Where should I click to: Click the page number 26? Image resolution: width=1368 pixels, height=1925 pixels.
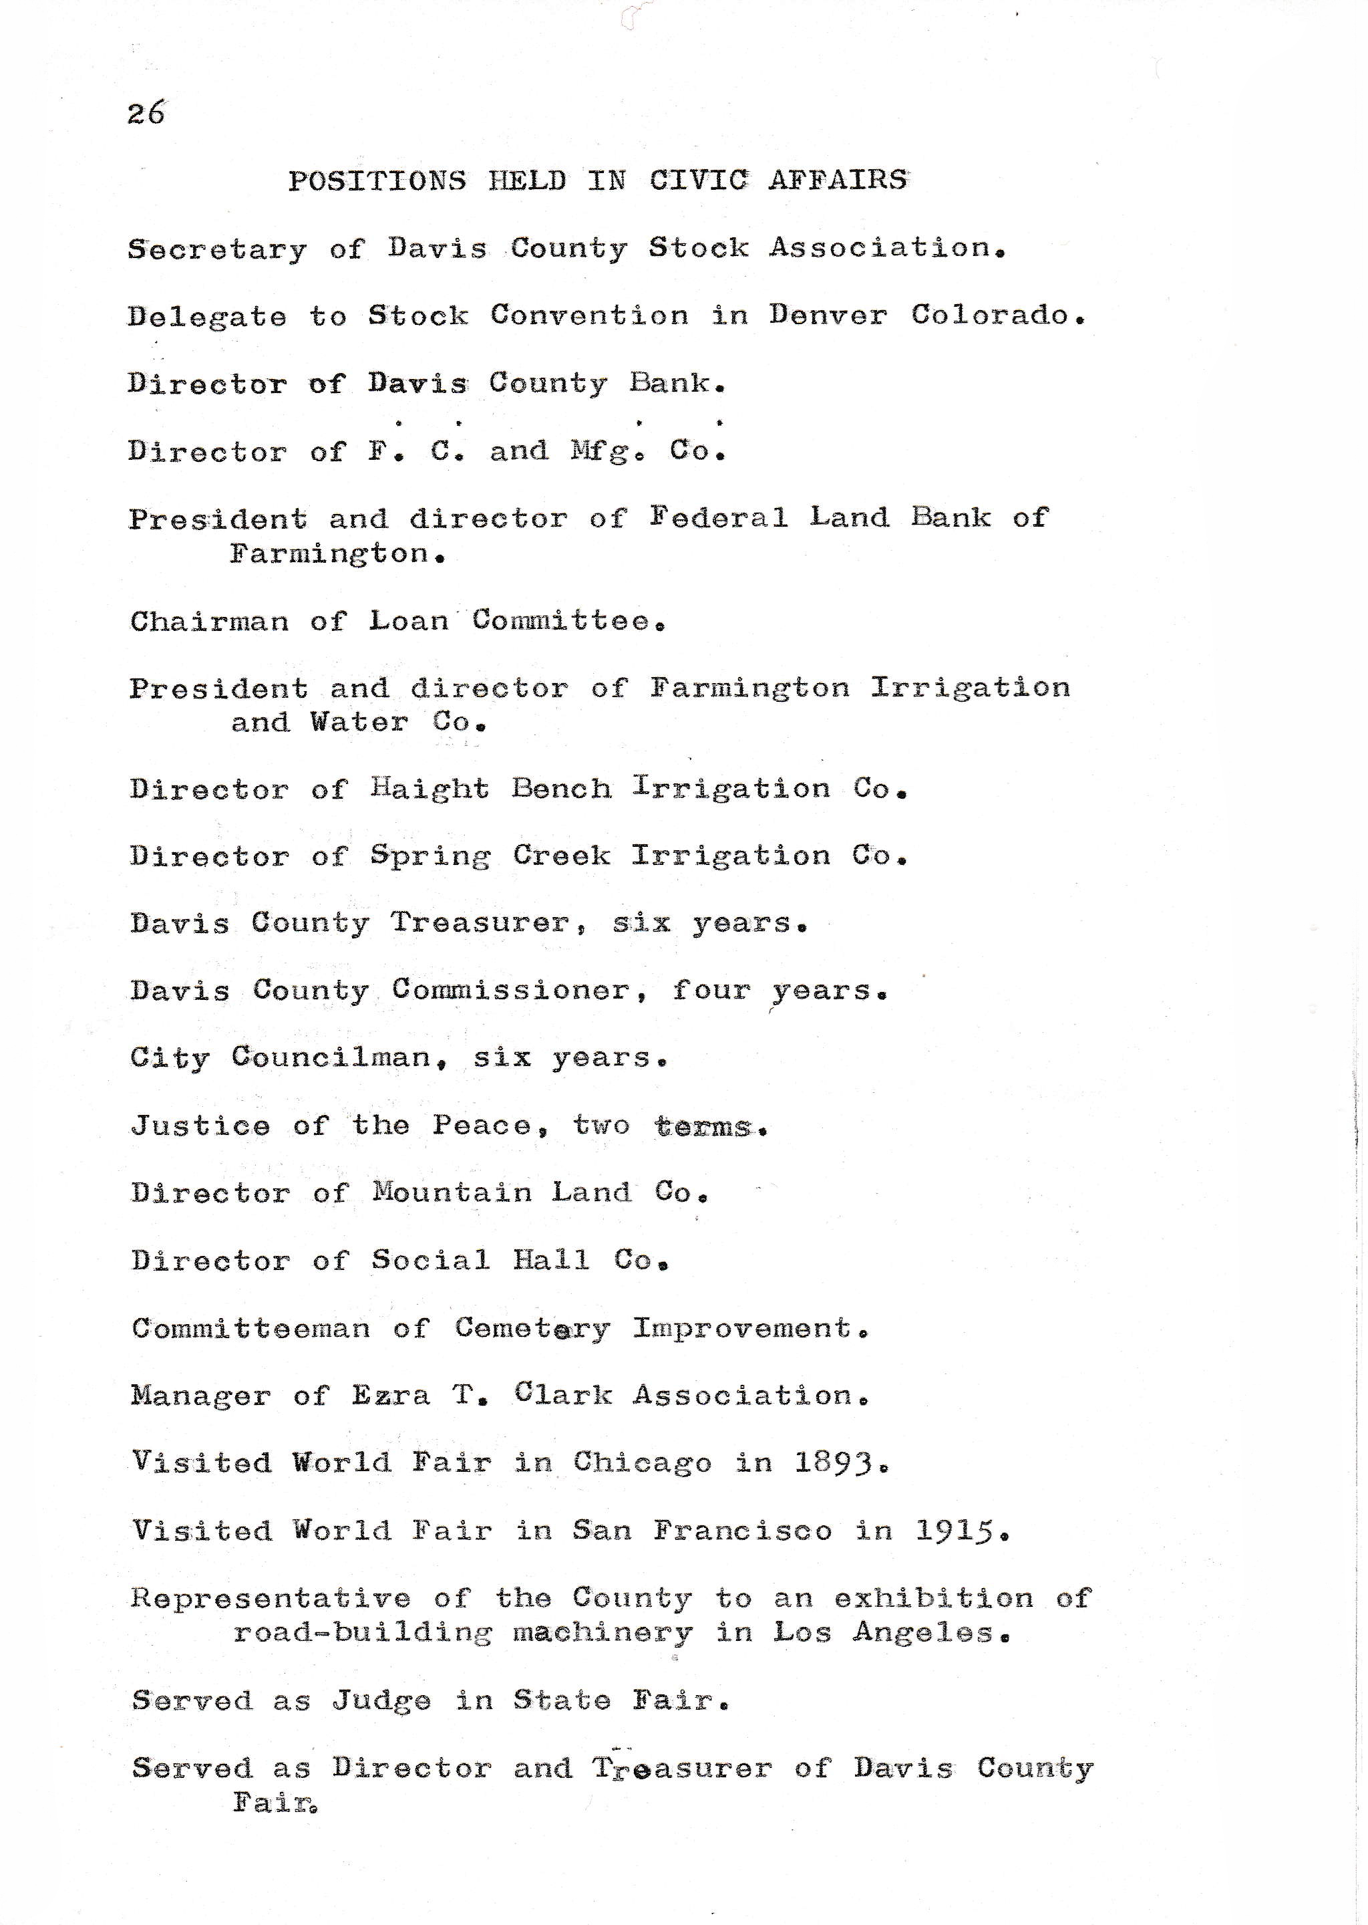tap(146, 112)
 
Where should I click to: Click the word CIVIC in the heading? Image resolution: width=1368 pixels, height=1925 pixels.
tap(697, 180)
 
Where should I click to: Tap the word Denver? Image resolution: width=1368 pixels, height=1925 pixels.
tap(827, 315)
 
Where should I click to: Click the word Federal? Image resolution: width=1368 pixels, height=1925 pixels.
tap(719, 517)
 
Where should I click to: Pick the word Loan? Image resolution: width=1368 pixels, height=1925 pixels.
tap(409, 621)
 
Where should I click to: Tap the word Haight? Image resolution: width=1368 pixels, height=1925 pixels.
tap(430, 789)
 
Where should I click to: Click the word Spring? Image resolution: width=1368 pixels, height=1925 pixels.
tap(430, 857)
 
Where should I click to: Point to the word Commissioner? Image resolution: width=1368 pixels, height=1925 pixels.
tap(511, 991)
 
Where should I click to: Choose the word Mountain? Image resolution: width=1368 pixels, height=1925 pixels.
tap(452, 1192)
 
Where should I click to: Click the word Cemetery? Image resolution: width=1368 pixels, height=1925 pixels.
tap(532, 1329)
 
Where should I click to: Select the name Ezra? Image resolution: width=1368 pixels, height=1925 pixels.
tap(391, 1396)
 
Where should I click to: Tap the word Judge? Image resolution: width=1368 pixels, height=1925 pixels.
tap(381, 1701)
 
